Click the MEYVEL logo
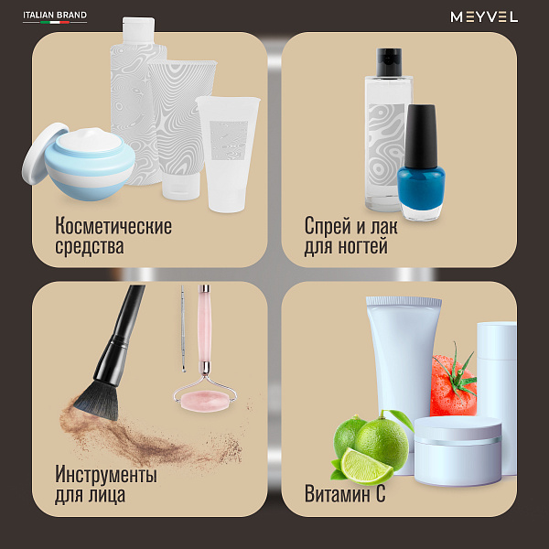click(484, 16)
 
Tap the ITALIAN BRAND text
click(55, 15)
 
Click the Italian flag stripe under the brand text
click(55, 22)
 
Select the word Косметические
click(113, 226)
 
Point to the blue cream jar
click(90, 164)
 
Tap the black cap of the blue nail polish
click(421, 135)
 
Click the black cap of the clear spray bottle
click(389, 62)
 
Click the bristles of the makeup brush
click(97, 400)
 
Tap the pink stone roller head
click(204, 402)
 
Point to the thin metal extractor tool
click(183, 328)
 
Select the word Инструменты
click(106, 474)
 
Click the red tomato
click(453, 386)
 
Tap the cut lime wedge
click(366, 466)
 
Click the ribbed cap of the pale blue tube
click(404, 301)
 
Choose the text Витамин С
click(345, 494)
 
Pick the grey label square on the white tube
click(229, 140)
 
